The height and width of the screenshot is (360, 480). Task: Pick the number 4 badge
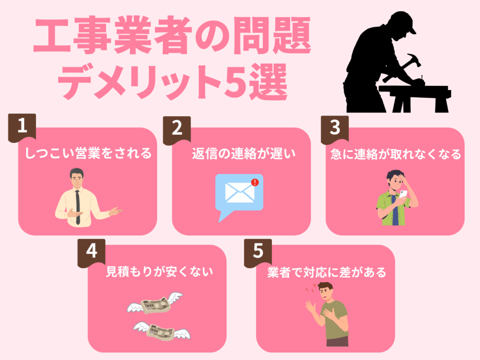point(91,252)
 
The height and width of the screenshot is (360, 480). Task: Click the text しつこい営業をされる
point(88,153)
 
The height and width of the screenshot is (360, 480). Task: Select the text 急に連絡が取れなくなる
point(395,153)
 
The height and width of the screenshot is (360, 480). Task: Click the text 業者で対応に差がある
point(327,272)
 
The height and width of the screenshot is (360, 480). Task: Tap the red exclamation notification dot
point(255,182)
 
